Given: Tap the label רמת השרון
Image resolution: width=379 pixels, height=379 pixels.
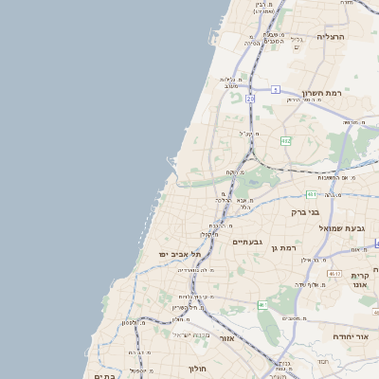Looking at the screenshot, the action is pyautogui.click(x=320, y=93).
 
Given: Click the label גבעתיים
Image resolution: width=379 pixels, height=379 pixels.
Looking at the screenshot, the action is pyautogui.click(x=251, y=242).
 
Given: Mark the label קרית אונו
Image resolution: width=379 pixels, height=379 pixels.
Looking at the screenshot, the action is pyautogui.click(x=359, y=280).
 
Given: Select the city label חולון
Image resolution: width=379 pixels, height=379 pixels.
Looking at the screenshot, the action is pyautogui.click(x=197, y=368).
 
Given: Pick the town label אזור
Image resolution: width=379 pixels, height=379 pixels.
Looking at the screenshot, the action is pyautogui.click(x=226, y=337).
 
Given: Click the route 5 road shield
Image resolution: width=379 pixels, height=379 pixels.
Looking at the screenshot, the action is pyautogui.click(x=275, y=89).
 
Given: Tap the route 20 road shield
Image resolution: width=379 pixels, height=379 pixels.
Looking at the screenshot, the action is pyautogui.click(x=250, y=99).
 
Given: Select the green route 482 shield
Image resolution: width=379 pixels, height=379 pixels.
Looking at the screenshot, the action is pyautogui.click(x=285, y=141).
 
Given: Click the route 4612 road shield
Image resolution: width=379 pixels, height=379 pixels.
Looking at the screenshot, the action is pyautogui.click(x=333, y=273).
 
